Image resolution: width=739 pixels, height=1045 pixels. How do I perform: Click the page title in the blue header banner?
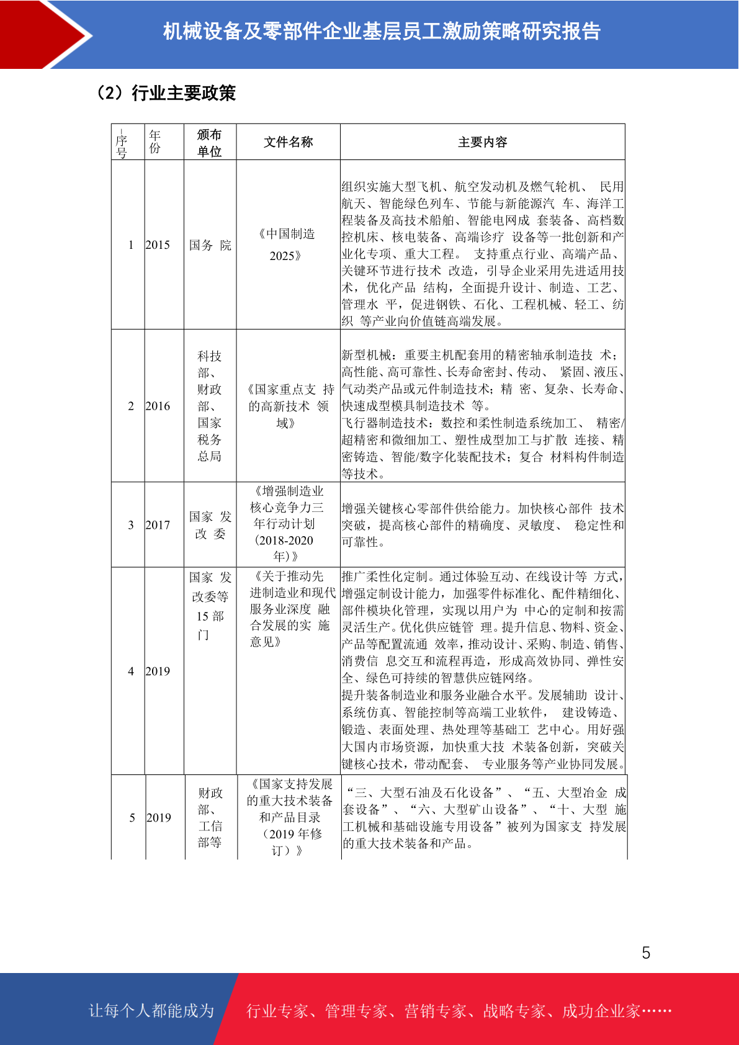coord(382,31)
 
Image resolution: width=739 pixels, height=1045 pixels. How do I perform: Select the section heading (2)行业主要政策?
coord(166,93)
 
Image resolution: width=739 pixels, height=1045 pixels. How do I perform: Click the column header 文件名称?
coord(289,142)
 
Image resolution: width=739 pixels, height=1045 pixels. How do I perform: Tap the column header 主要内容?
coord(482,142)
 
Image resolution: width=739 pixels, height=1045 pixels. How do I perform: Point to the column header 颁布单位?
coord(210,143)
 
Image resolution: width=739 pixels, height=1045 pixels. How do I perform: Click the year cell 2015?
coord(158,245)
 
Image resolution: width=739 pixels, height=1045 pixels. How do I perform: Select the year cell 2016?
coord(158,406)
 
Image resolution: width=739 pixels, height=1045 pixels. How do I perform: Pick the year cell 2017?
coord(158,525)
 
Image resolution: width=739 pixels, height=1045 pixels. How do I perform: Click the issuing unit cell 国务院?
coord(210,245)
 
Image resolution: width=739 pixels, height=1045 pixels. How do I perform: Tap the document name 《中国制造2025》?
coord(287,244)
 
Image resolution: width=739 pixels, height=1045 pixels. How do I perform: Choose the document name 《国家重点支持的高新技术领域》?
coord(289,406)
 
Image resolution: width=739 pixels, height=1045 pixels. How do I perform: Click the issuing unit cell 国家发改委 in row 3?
coord(210,525)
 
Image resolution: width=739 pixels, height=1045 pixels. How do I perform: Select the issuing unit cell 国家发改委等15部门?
coord(210,606)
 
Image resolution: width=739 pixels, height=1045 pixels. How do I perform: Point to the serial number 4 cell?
coord(131,671)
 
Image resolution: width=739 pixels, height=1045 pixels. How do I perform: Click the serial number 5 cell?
coord(132,818)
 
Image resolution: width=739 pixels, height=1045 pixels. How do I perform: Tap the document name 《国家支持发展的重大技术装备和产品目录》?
coord(290,817)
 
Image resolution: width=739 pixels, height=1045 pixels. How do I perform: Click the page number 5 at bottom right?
coord(646,953)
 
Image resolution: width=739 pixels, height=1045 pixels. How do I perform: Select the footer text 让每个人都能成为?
coord(151,1011)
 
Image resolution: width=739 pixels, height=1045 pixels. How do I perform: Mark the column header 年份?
coord(155,141)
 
